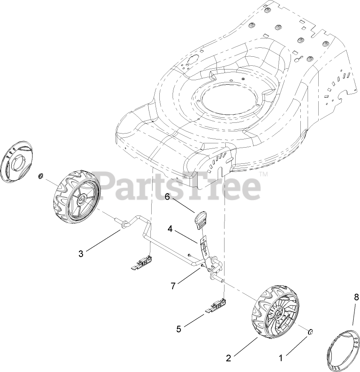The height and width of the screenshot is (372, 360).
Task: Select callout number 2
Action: (229, 358)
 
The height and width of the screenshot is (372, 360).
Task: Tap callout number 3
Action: (81, 254)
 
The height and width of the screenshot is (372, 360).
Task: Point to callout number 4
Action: (170, 229)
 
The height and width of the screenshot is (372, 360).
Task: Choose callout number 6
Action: (167, 197)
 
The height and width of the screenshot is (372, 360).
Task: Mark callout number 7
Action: (173, 286)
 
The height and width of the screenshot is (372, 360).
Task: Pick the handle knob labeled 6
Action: (201, 219)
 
